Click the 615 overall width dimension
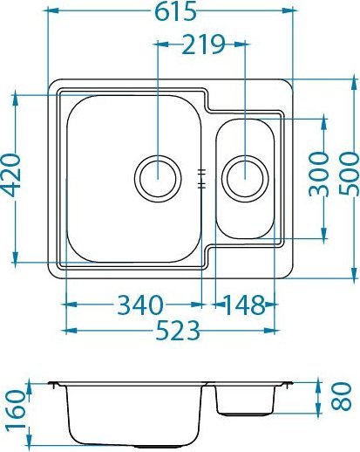pyautogui.click(x=170, y=11)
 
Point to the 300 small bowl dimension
pyautogui.click(x=320, y=178)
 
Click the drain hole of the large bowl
pyautogui.click(x=157, y=177)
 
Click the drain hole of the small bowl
pyautogui.click(x=245, y=177)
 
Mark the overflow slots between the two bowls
pyautogui.click(x=202, y=177)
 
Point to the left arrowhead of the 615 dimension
pyautogui.click(x=55, y=11)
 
